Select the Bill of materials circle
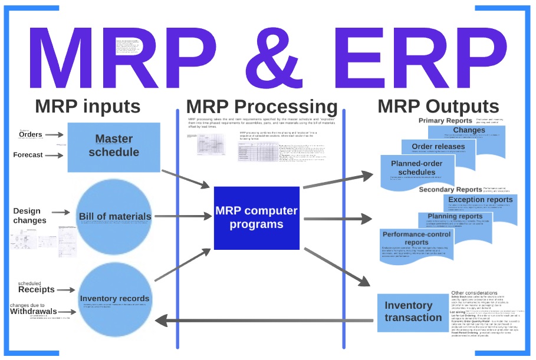click(115, 216)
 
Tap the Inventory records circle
click(115, 298)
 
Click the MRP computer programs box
click(257, 217)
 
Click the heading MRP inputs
click(87, 107)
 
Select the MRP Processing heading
click(261, 107)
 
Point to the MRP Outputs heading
click(438, 107)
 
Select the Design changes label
click(29, 216)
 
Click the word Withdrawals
click(33, 311)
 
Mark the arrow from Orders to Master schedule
click(54, 135)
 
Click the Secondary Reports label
click(453, 190)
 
